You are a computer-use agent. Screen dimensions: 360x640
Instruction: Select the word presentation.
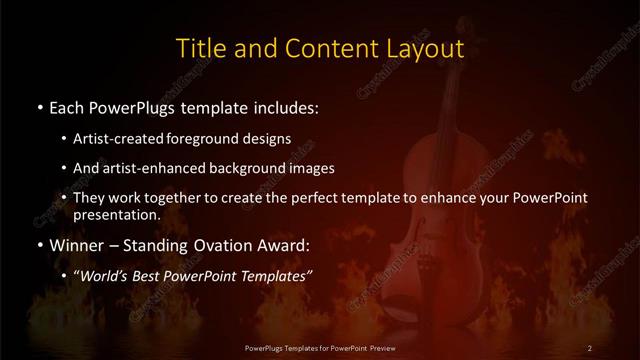pos(116,214)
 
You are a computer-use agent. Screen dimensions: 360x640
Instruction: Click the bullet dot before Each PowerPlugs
pos(39,107)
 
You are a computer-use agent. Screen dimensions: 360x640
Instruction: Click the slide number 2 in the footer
pos(590,347)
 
